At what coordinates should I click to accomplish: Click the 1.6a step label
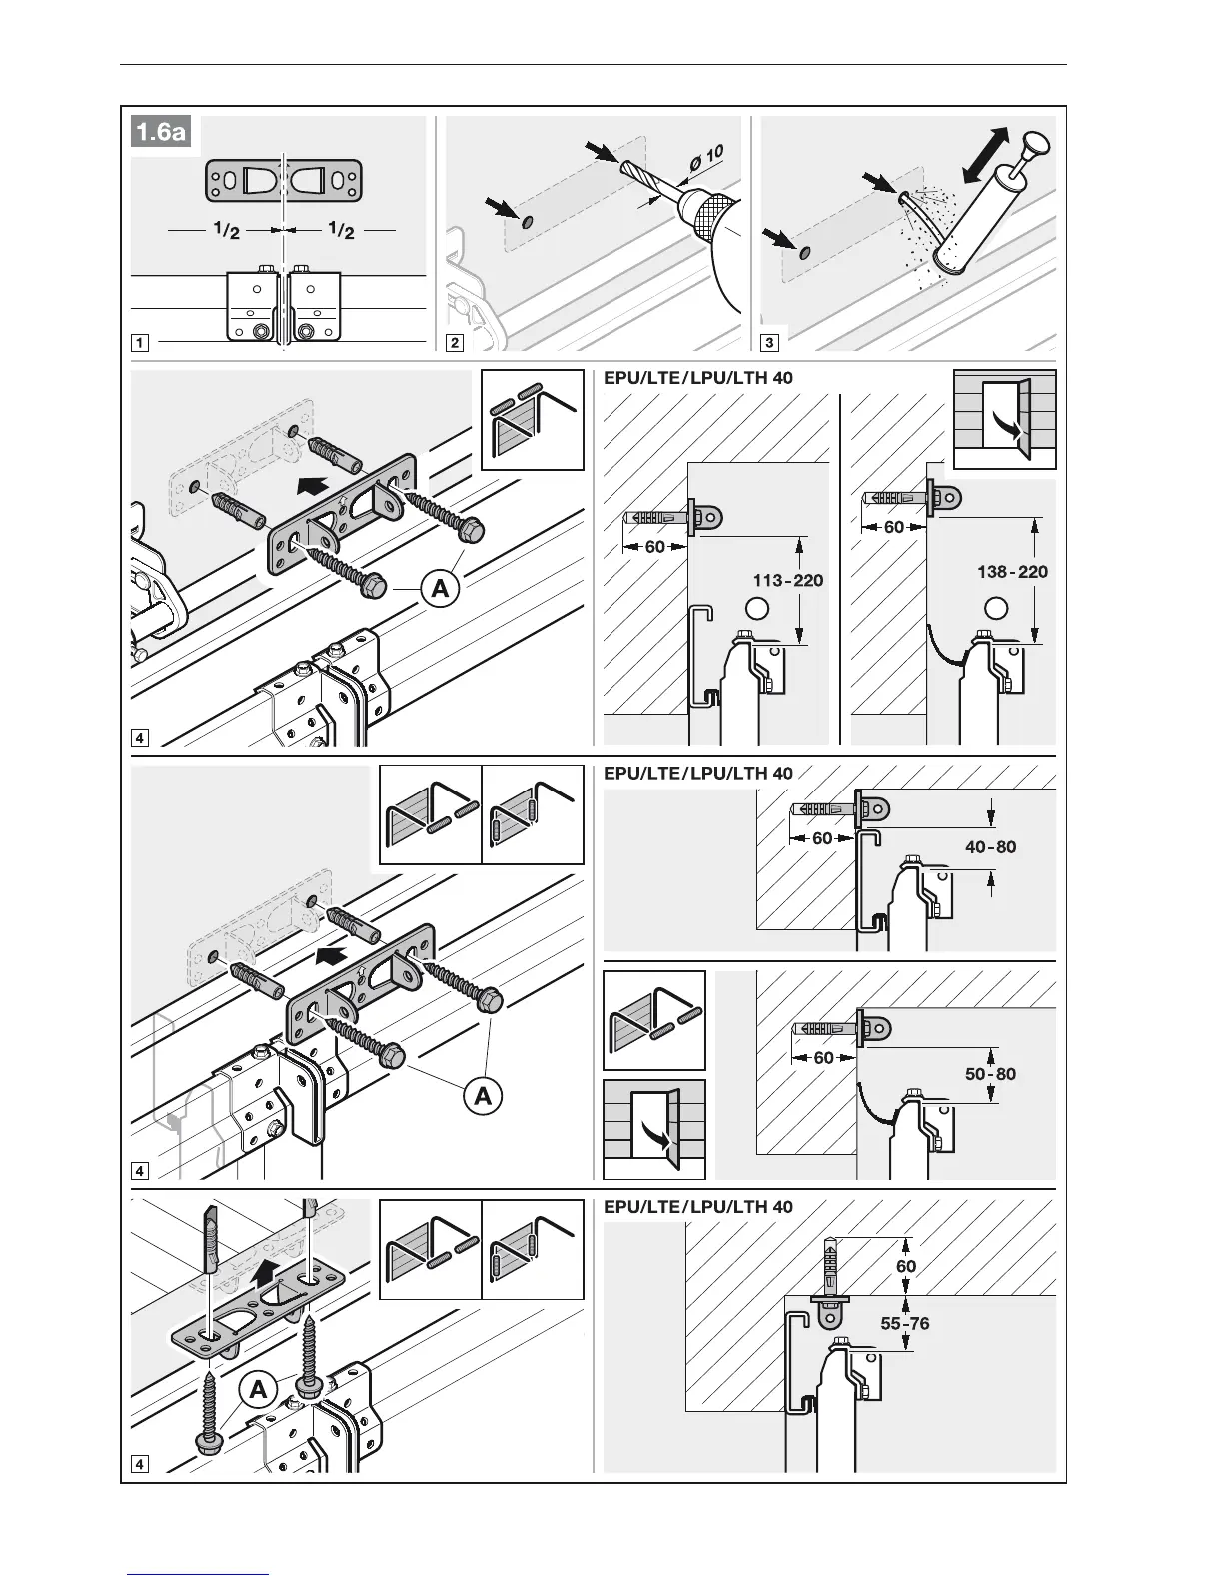click(x=162, y=132)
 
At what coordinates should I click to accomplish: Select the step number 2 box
click(x=455, y=343)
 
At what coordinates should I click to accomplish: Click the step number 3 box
click(x=769, y=343)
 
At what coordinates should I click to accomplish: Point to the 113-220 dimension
click(x=789, y=580)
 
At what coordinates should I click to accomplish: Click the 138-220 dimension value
click(x=1012, y=572)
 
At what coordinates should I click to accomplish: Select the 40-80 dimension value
click(x=990, y=847)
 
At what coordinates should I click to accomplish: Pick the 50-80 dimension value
click(x=990, y=1074)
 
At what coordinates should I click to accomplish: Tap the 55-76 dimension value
click(x=905, y=1323)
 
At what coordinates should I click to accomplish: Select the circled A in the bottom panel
click(x=259, y=1389)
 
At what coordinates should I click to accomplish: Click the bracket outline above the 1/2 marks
click(x=284, y=181)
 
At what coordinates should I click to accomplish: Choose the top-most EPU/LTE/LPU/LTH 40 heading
click(x=698, y=378)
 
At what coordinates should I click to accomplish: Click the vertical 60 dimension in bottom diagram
click(x=906, y=1266)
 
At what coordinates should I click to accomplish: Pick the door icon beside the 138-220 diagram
click(x=1005, y=420)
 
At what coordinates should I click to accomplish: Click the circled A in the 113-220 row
click(x=440, y=589)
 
